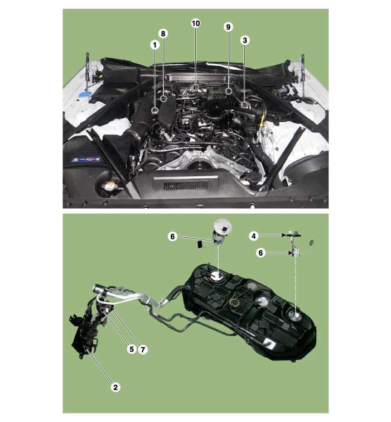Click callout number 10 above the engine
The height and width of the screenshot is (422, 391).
(196, 23)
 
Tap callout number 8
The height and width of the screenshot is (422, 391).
(163, 33)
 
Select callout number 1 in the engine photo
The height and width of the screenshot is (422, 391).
(155, 45)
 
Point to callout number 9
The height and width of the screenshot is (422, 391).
(228, 27)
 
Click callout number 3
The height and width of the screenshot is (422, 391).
(245, 40)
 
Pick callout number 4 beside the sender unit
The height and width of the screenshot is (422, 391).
(254, 236)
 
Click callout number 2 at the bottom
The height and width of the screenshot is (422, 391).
(115, 387)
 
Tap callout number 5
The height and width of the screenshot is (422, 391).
(132, 349)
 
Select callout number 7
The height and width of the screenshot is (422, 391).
(143, 349)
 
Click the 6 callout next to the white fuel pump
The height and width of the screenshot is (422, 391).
(172, 237)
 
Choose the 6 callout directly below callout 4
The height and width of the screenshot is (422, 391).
(260, 253)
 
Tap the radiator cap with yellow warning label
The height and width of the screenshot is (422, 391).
(110, 186)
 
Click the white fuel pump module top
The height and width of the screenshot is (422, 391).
(223, 226)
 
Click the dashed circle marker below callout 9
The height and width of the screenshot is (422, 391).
(228, 91)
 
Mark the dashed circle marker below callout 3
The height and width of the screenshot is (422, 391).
(244, 105)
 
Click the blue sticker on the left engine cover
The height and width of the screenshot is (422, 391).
(86, 160)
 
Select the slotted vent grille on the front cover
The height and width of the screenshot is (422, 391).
(186, 185)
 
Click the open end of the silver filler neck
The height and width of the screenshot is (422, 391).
(96, 288)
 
